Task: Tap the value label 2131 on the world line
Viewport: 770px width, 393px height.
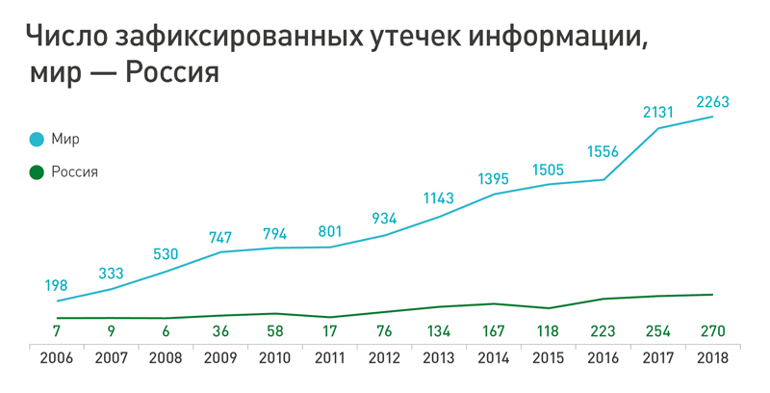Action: [660, 112]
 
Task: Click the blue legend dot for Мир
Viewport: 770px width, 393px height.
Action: [37, 140]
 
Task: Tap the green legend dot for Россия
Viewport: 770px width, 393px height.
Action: [37, 172]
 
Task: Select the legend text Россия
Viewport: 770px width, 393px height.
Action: [75, 172]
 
